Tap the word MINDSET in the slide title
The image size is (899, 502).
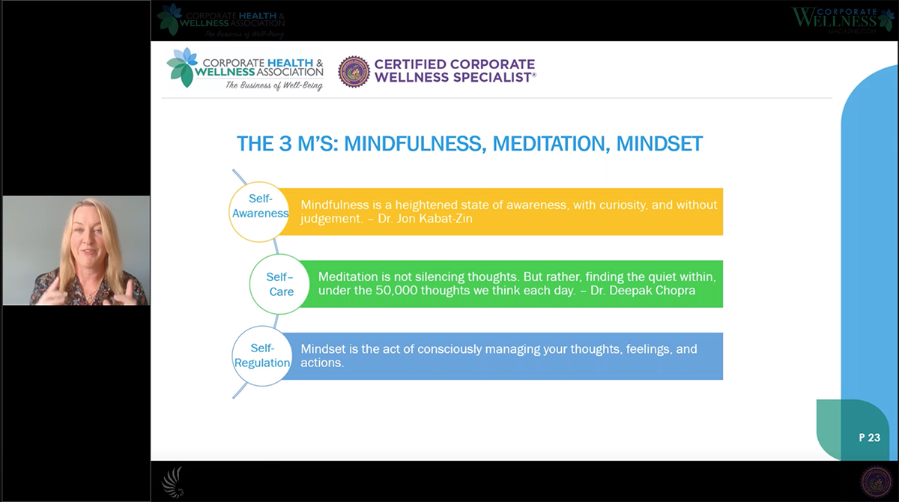(x=659, y=143)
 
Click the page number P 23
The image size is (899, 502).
(x=869, y=438)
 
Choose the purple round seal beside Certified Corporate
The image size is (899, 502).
(x=354, y=71)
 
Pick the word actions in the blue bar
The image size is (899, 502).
(x=321, y=363)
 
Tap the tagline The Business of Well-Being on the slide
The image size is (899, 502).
(x=274, y=86)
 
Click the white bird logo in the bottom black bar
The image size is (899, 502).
(x=173, y=482)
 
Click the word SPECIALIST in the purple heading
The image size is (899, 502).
(x=490, y=77)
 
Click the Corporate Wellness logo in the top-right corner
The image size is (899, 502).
(x=843, y=20)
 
